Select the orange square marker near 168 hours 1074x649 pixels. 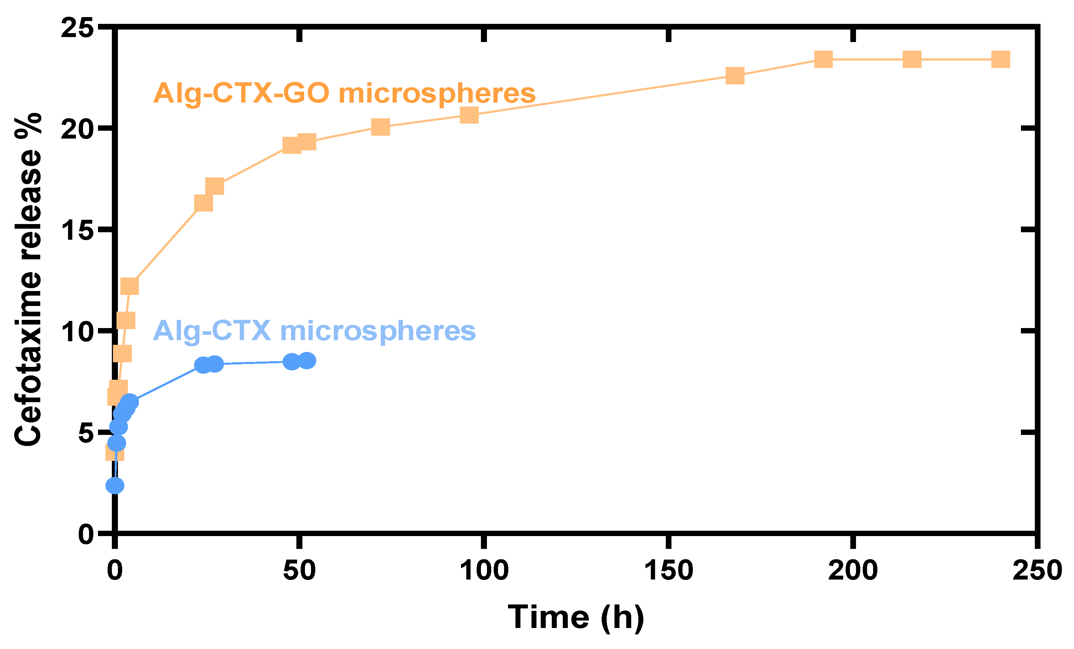coord(735,76)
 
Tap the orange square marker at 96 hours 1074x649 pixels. coord(469,115)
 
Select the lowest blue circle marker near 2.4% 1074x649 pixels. coord(115,485)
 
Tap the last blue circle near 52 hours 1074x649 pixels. coord(307,360)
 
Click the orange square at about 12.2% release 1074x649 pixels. coord(129,286)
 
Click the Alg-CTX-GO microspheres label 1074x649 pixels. coord(344,93)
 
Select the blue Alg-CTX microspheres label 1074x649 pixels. coord(314,331)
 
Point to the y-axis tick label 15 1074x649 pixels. coord(78,229)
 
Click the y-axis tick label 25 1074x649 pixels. coord(78,28)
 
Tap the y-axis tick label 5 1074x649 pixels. coord(86,433)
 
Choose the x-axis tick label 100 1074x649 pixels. coord(484,570)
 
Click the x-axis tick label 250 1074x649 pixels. coord(1037,570)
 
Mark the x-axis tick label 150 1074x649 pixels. coord(669,570)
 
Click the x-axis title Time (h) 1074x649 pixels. coord(576,618)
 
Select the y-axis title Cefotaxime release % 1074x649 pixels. coord(28,279)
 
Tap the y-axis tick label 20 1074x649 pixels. coord(78,129)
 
